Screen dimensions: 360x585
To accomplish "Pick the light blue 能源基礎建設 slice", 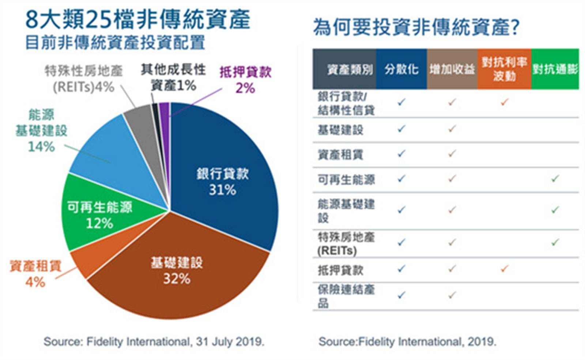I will (110, 154).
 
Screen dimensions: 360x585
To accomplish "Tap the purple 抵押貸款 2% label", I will (245, 80).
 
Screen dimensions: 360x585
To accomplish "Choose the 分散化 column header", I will (401, 69).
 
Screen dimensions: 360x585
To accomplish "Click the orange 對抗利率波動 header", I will (504, 69).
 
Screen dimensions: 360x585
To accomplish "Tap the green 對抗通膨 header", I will (555, 69).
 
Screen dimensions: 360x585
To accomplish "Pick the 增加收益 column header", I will (452, 69).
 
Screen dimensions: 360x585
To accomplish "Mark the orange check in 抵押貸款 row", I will (504, 269).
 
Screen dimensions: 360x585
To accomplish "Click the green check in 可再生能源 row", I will (555, 179).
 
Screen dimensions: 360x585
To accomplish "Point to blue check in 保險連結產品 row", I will (401, 295).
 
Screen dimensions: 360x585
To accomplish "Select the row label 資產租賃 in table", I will (340, 155).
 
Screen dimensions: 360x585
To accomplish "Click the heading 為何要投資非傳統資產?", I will (416, 27).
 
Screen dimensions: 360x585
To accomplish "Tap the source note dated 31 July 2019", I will (154, 342).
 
